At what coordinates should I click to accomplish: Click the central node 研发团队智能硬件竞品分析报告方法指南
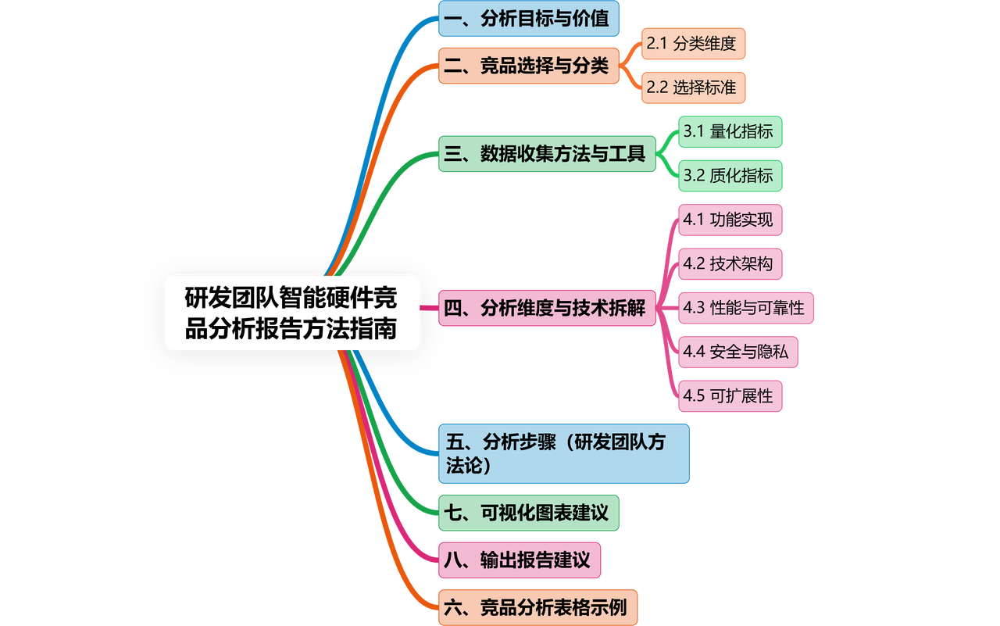click(292, 313)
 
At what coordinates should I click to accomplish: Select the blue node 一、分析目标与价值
click(529, 19)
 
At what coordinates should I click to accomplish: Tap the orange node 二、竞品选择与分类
click(529, 66)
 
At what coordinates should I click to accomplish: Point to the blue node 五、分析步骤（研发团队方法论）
click(563, 454)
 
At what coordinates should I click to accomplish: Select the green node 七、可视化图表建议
click(529, 513)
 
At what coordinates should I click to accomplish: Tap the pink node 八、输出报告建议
click(520, 560)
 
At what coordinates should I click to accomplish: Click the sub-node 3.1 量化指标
click(730, 132)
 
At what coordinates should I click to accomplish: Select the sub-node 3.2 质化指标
click(730, 176)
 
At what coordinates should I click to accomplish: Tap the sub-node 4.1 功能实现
click(730, 220)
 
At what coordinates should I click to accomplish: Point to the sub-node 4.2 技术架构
click(730, 264)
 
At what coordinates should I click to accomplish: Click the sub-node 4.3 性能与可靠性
click(746, 308)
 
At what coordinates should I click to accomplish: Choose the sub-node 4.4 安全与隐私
click(737, 352)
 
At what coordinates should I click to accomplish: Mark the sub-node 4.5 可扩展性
click(730, 396)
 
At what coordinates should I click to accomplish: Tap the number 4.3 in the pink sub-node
click(695, 308)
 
